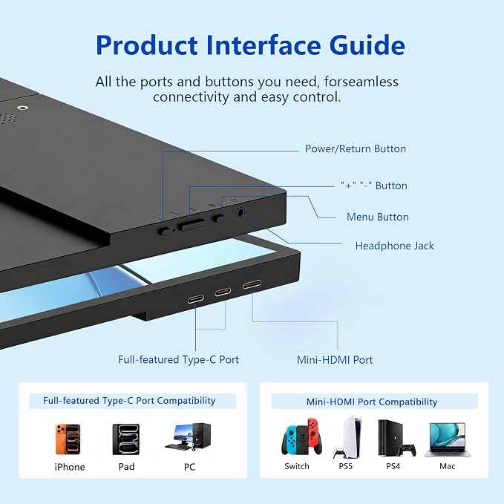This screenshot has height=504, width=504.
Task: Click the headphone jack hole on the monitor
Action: (x=240, y=212)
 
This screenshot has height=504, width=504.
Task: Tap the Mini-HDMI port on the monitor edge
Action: (x=252, y=284)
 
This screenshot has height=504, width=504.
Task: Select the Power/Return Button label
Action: (x=356, y=148)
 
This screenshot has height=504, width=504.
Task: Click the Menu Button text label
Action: (x=377, y=217)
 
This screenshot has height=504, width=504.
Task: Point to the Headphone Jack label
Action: (x=394, y=246)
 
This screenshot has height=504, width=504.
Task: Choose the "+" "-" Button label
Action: (x=374, y=186)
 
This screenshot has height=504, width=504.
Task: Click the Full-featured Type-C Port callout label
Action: (x=178, y=360)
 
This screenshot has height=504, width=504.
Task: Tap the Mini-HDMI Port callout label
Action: (x=335, y=360)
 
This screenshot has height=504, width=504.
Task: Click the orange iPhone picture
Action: (x=68, y=439)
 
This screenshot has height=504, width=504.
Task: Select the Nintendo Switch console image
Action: (x=301, y=436)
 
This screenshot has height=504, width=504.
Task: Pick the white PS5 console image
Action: (x=348, y=437)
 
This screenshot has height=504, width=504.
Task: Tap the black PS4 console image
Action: (x=396, y=439)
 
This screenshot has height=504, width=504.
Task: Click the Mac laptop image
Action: (x=447, y=439)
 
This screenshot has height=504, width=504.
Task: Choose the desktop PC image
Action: (x=189, y=436)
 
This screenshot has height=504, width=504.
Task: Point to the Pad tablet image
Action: (x=126, y=439)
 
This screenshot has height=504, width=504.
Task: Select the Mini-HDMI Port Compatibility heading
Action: (x=372, y=402)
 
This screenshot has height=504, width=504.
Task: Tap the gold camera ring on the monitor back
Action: (x=22, y=108)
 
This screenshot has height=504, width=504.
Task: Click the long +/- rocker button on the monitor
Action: (x=192, y=225)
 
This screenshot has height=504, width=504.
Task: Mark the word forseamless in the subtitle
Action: (x=361, y=82)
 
